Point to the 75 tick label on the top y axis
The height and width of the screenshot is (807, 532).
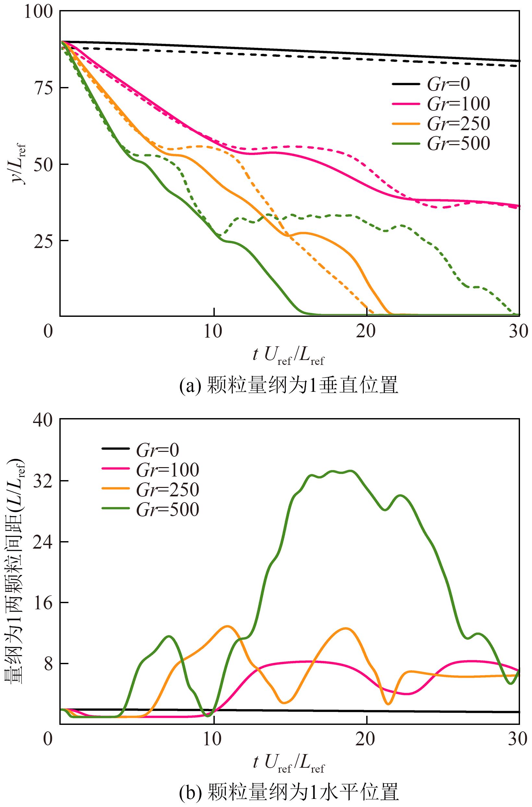(44, 88)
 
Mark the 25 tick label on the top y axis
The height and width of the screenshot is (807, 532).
(44, 240)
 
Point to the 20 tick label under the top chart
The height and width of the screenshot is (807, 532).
(367, 331)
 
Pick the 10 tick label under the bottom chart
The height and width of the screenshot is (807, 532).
(214, 739)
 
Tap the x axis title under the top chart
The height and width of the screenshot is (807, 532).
(288, 355)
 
